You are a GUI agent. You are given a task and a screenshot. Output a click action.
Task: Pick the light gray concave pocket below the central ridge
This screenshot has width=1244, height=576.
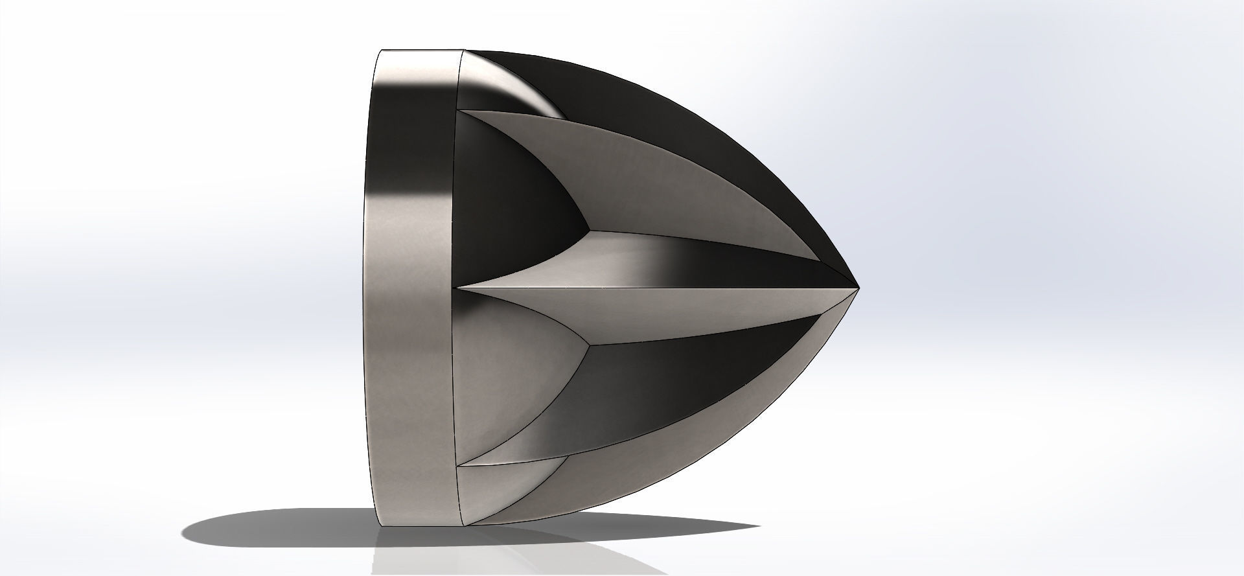pyautogui.click(x=505, y=389)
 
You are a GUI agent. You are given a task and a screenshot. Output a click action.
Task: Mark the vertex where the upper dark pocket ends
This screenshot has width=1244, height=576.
pyautogui.click(x=588, y=229)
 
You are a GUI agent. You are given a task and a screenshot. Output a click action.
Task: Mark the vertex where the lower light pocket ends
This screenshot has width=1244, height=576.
pyautogui.click(x=588, y=345)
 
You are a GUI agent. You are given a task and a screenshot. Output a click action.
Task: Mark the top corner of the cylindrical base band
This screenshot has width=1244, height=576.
pyautogui.click(x=382, y=51)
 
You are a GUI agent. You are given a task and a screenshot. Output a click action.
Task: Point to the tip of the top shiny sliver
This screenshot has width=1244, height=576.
pyautogui.click(x=568, y=120)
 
